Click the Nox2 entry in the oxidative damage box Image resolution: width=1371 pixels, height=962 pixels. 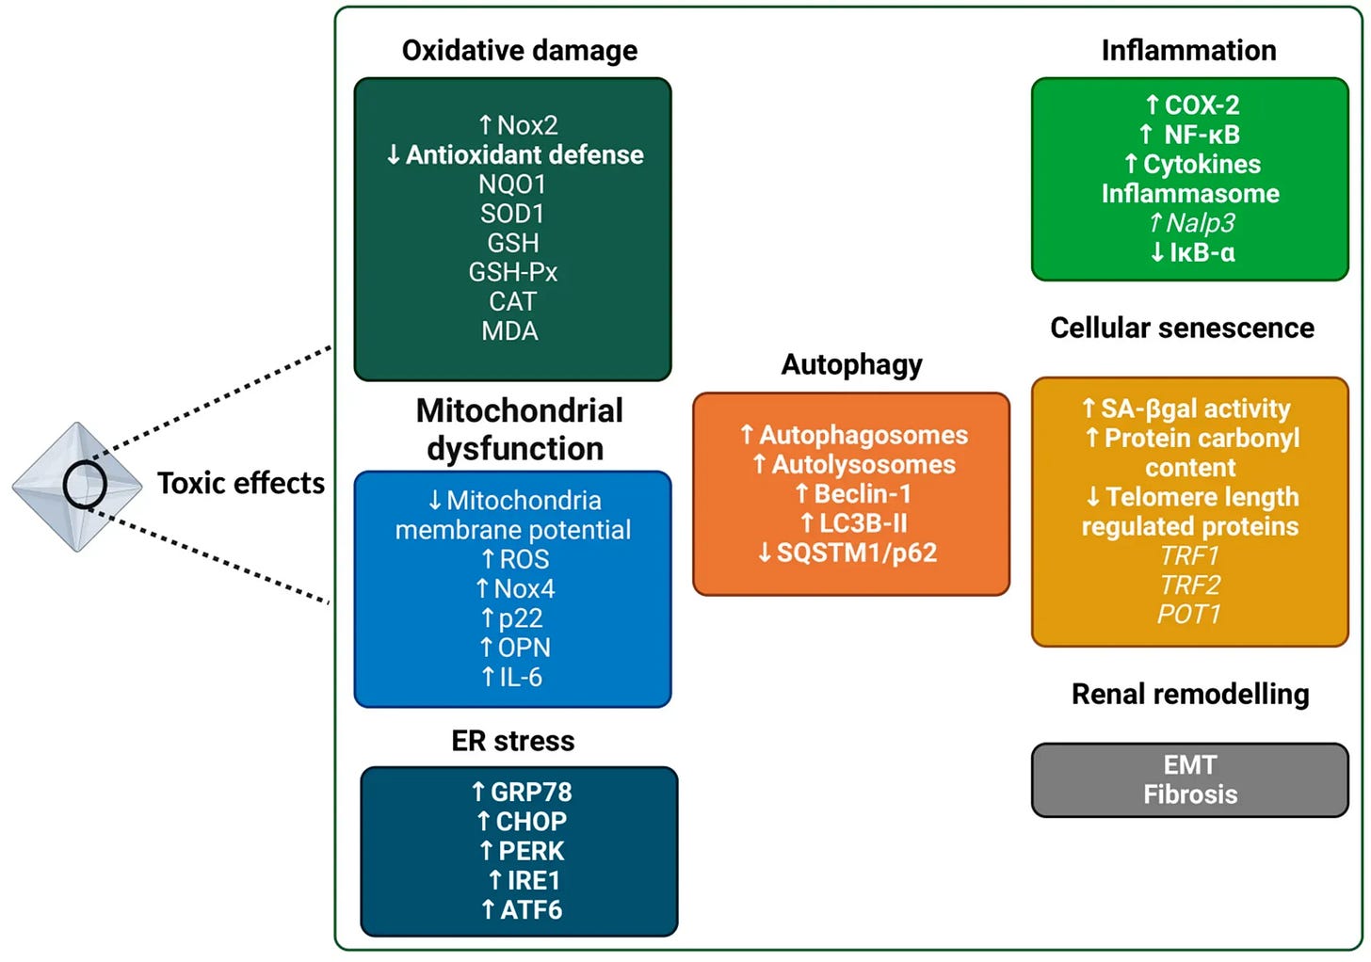[518, 125]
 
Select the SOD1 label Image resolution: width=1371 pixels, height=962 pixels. [512, 214]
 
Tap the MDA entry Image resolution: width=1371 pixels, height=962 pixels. [510, 331]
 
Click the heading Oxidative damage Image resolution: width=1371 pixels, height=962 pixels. [519, 51]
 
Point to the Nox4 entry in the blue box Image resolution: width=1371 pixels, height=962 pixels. [515, 589]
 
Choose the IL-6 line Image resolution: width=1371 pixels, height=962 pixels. [512, 678]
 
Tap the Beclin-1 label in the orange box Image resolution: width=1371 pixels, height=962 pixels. [853, 494]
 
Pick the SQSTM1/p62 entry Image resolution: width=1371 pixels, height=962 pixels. [847, 553]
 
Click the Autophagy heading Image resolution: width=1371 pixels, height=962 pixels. [851, 365]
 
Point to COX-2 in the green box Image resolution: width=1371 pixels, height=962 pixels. [1192, 105]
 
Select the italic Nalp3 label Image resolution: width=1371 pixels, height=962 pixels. [1191, 223]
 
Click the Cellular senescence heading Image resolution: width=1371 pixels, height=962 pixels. [1182, 329]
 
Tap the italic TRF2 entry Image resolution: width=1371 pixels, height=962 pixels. [1189, 585]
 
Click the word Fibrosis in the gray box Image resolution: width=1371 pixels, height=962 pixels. [1190, 794]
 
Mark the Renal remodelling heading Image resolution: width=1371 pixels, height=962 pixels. [1190, 695]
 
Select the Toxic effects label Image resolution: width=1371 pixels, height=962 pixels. [240, 484]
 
